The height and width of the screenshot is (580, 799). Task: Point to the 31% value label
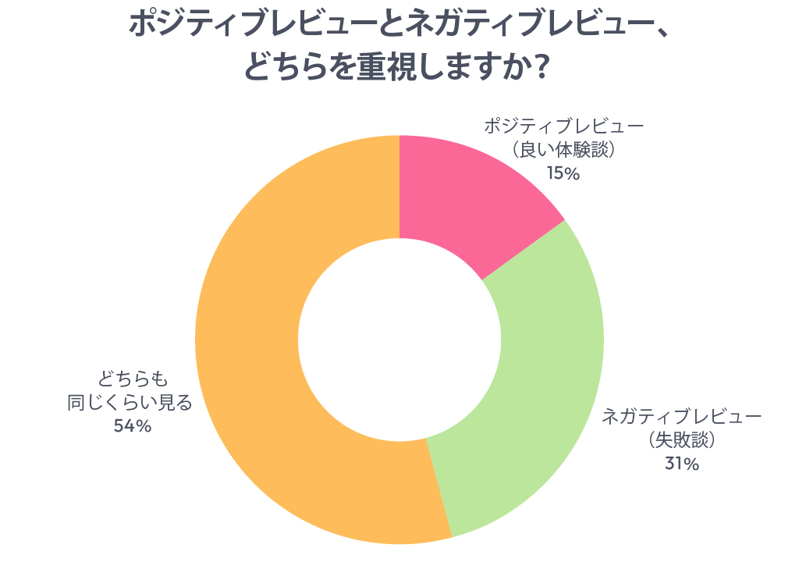click(x=681, y=464)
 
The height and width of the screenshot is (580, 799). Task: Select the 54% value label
click(x=132, y=426)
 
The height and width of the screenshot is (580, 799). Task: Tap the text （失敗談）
click(x=681, y=440)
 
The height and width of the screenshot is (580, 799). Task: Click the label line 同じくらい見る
click(x=130, y=403)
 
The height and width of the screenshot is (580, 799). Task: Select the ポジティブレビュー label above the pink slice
click(x=563, y=126)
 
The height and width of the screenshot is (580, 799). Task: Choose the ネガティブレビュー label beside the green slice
click(x=681, y=417)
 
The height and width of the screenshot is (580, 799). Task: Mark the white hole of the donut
click(x=399, y=340)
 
